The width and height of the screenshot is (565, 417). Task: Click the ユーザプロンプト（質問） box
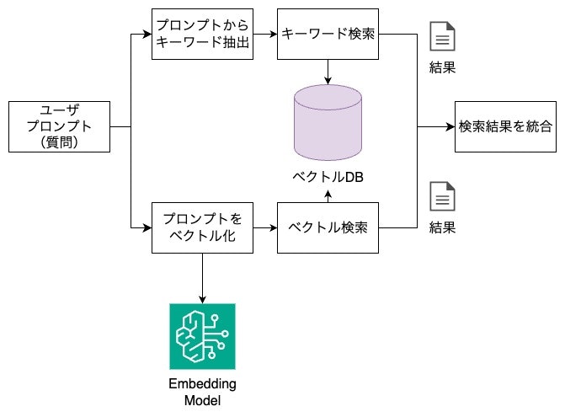(x=59, y=126)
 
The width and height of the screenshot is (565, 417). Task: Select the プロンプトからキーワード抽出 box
(x=202, y=35)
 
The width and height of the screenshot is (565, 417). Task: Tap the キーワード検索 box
(x=328, y=35)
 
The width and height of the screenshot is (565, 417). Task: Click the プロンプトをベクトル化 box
(x=202, y=227)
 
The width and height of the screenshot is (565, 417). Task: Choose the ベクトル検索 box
(x=328, y=227)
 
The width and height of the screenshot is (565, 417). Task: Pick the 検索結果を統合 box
(x=505, y=126)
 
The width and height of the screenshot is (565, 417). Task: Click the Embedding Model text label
(x=202, y=392)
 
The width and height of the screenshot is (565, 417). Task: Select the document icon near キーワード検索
(x=443, y=37)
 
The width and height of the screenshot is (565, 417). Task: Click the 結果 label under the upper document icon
(x=443, y=68)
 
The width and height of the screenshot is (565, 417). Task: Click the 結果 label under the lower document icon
(x=443, y=227)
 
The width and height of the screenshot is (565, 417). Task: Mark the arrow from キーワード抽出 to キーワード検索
(x=264, y=35)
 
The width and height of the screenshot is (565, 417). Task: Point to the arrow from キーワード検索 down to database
(x=328, y=74)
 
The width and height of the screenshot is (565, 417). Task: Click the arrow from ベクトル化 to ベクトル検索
(x=264, y=227)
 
